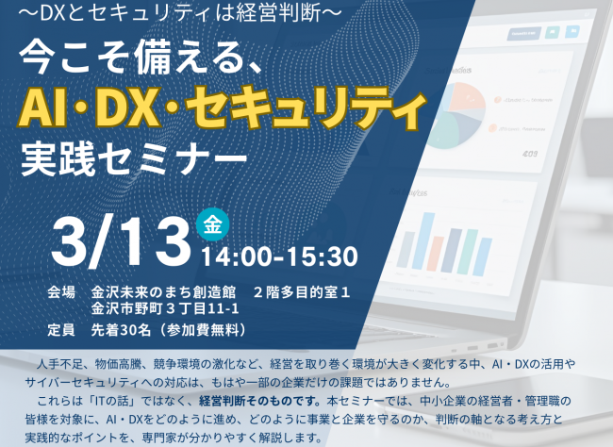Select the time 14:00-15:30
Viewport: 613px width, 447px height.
click(278, 256)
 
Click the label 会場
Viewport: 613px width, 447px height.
click(61, 292)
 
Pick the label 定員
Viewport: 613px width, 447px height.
click(61, 330)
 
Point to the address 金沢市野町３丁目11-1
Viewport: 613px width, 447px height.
click(166, 309)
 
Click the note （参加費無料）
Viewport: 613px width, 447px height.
click(204, 330)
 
